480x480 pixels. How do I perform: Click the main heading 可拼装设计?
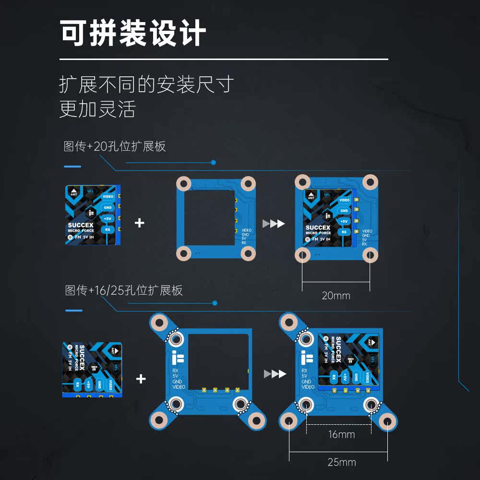133,33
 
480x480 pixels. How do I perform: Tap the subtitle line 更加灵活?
97,109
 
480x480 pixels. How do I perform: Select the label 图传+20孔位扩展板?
115,146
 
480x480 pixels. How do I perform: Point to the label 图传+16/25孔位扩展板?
124,290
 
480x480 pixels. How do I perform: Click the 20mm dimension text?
336,296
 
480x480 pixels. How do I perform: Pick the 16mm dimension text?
341,435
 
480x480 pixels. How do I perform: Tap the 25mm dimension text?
341,462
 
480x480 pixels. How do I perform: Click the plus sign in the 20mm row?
140,223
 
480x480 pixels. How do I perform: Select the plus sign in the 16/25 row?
141,379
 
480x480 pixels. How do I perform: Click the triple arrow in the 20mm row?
274,224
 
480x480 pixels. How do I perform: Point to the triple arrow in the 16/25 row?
275,374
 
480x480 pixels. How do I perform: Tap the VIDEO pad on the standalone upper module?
108,197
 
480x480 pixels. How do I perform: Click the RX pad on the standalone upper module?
108,230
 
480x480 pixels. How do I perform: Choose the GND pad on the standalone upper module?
108,208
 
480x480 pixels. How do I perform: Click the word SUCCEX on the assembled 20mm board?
318,228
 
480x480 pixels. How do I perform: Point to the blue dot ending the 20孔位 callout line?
214,162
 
